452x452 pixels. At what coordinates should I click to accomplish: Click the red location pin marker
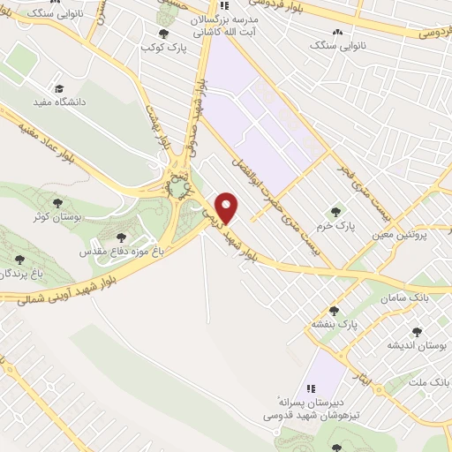[228, 207]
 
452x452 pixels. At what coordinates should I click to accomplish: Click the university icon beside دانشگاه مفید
[59, 88]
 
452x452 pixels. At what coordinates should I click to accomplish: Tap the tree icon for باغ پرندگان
[20, 260]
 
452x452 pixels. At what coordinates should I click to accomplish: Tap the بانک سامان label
[406, 299]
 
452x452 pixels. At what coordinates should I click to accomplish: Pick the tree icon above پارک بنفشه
[334, 311]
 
